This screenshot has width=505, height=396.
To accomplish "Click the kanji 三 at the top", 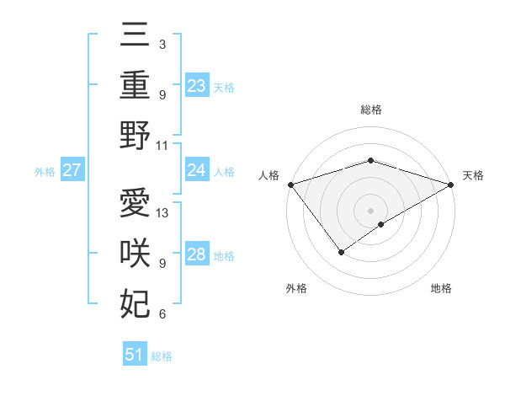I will click(135, 36).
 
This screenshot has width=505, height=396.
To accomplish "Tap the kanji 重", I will click(135, 85).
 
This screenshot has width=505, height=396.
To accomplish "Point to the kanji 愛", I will click(135, 203).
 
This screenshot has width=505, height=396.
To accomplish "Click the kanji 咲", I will click(135, 254).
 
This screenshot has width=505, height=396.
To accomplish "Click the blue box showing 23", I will click(196, 85).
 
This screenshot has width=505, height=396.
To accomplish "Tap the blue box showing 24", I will click(196, 170).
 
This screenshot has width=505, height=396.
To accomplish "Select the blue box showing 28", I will click(196, 254).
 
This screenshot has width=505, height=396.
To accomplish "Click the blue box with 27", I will click(72, 170).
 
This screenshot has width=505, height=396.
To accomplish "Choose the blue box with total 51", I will click(135, 355).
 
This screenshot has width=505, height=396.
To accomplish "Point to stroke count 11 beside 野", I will click(162, 145).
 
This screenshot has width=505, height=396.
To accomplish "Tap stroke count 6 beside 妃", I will click(162, 314).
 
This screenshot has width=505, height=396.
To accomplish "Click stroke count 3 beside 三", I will click(162, 44).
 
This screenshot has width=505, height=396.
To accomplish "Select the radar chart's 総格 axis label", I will click(370, 110).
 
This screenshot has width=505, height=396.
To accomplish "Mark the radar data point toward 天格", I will click(451, 185).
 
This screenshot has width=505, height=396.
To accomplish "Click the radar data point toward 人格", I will click(290, 185).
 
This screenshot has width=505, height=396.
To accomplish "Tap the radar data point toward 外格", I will click(341, 251).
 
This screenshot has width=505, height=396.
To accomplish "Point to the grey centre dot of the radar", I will click(370, 210).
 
